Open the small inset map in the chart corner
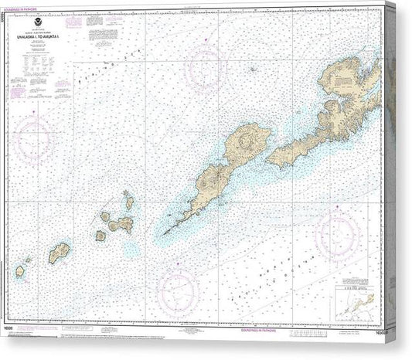coord(355,290)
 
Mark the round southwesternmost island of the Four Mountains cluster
coord(100,236)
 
